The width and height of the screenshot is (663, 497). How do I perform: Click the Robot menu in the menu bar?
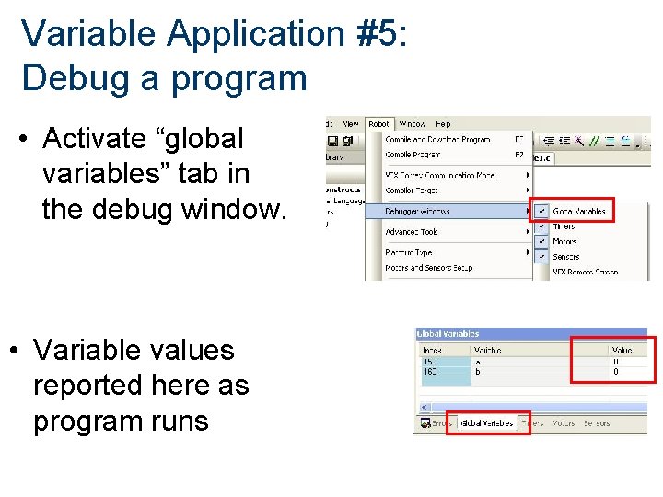point(378,124)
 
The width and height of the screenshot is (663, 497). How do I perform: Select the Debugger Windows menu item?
point(417,211)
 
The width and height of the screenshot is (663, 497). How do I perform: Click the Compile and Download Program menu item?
point(437,140)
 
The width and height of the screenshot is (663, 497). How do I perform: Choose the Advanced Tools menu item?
point(412,232)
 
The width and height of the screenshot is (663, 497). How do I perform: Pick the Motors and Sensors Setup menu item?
point(428,268)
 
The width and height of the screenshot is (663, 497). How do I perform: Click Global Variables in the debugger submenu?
point(579,211)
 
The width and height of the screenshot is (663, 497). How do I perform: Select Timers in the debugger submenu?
point(564,226)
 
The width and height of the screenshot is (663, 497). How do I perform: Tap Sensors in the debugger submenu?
point(566,257)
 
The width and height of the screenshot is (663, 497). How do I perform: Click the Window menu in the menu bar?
point(412,124)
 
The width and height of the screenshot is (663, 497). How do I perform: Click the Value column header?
point(622,351)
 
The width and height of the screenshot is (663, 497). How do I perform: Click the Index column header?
point(432,351)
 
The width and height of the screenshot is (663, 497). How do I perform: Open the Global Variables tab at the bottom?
point(487,423)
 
